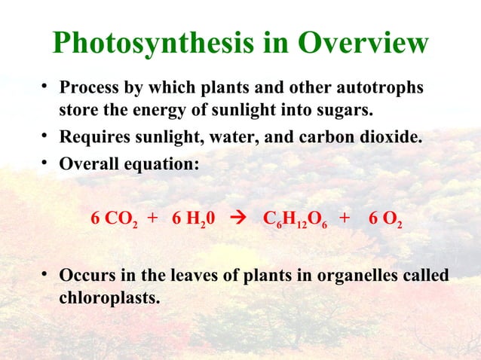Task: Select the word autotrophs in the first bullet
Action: (x=382, y=88)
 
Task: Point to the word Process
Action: (x=87, y=88)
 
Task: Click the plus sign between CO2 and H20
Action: (x=153, y=219)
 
